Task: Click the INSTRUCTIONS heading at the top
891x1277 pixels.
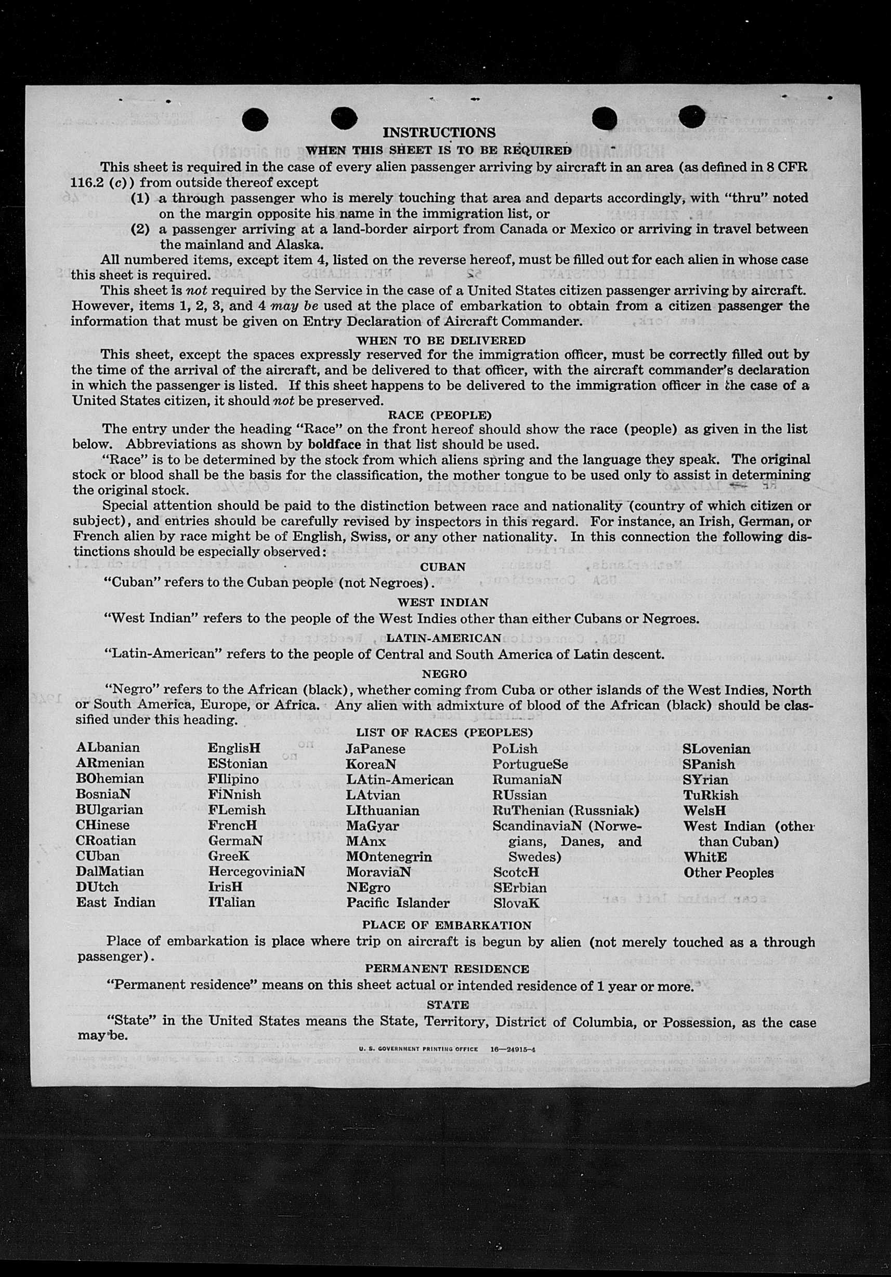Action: (439, 132)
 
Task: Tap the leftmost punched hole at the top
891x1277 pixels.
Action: (255, 119)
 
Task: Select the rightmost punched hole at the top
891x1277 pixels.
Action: (693, 117)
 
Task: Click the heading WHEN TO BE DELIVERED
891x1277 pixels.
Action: (441, 340)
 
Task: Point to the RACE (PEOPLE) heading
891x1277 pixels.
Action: (440, 415)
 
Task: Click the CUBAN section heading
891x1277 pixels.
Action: (443, 567)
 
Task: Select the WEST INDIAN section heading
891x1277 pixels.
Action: (442, 602)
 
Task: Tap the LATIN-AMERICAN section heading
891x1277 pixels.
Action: (443, 638)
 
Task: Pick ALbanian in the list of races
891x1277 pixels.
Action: (108, 748)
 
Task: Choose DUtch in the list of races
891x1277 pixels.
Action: (97, 886)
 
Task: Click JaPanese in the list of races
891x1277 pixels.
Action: (375, 749)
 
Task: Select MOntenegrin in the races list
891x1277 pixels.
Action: (388, 856)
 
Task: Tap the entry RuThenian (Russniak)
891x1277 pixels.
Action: (566, 810)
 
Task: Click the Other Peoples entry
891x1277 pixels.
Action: (728, 872)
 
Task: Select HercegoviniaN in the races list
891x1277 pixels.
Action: (257, 872)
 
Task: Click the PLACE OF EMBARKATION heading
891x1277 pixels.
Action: (447, 925)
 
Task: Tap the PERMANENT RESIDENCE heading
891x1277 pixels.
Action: (447, 968)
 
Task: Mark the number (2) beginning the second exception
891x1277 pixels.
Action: (140, 229)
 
